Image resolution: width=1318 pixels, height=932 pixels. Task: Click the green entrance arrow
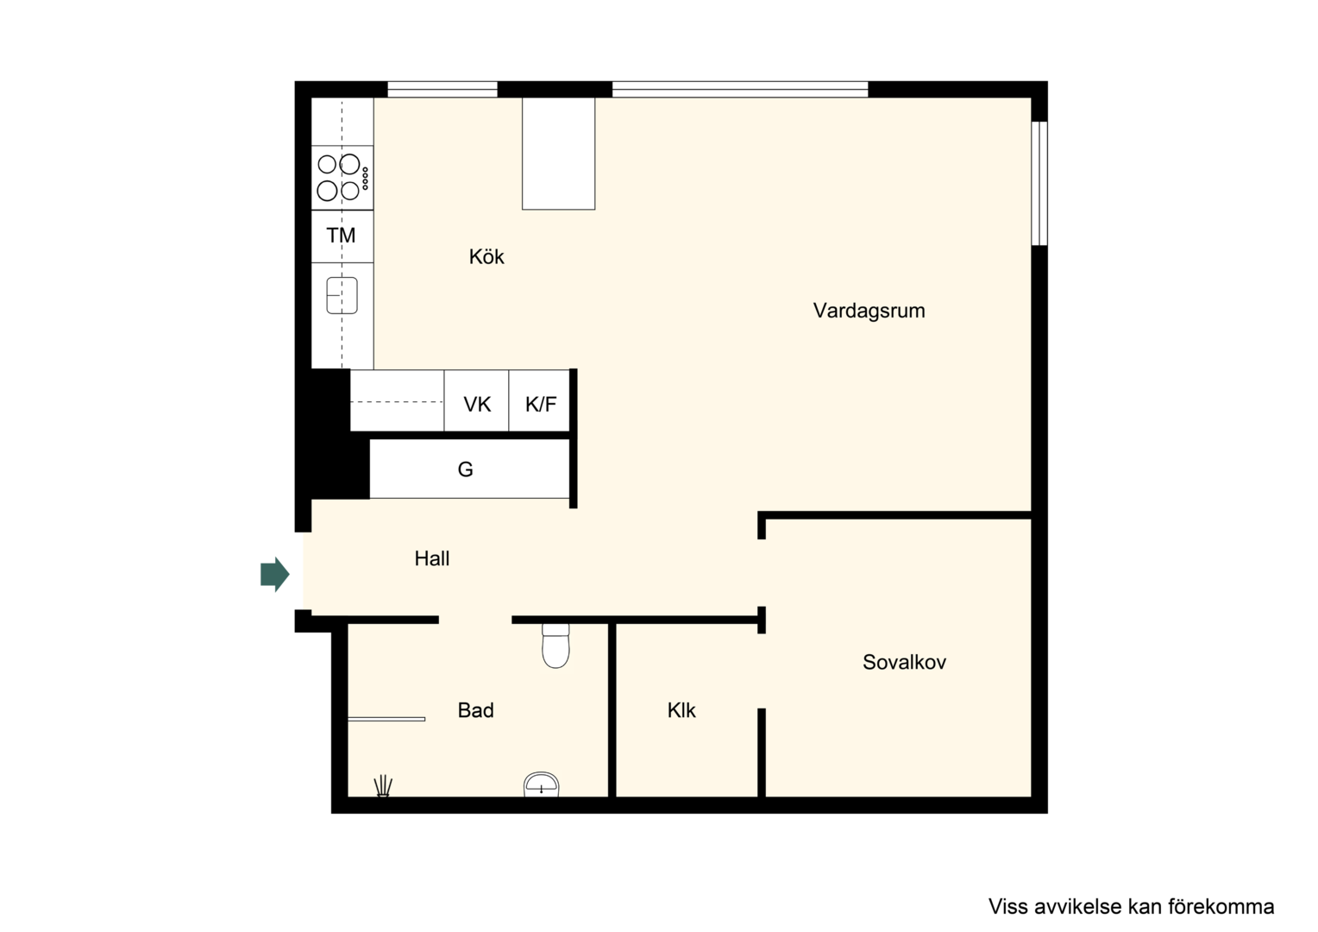click(275, 574)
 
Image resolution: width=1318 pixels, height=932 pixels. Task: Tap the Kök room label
click(486, 256)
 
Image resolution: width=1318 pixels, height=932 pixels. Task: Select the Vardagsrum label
click(869, 311)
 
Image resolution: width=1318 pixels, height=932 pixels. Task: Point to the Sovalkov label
click(904, 663)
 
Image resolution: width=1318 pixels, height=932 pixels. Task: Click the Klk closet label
click(681, 710)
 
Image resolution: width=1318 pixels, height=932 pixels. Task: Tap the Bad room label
click(475, 710)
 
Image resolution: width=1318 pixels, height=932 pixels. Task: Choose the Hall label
click(432, 558)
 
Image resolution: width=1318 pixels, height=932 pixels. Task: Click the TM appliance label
click(342, 236)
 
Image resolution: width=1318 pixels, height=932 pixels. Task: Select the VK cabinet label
click(477, 405)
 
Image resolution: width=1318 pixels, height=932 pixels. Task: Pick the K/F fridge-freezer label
click(541, 405)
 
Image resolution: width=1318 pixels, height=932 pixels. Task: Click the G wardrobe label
click(466, 469)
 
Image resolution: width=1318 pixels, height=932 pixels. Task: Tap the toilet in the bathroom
click(555, 645)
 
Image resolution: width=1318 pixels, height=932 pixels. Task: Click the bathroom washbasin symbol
click(542, 784)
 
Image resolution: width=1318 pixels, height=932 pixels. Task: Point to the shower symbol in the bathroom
click(383, 786)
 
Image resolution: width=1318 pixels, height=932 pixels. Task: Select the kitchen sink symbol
click(342, 295)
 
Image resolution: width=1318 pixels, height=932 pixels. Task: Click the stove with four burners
click(342, 178)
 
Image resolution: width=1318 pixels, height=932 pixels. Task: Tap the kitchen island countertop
click(558, 153)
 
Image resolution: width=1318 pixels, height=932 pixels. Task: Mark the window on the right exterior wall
click(1039, 183)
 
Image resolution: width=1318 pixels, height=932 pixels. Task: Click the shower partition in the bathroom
click(386, 719)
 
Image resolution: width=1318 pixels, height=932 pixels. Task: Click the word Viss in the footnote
click(1004, 906)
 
